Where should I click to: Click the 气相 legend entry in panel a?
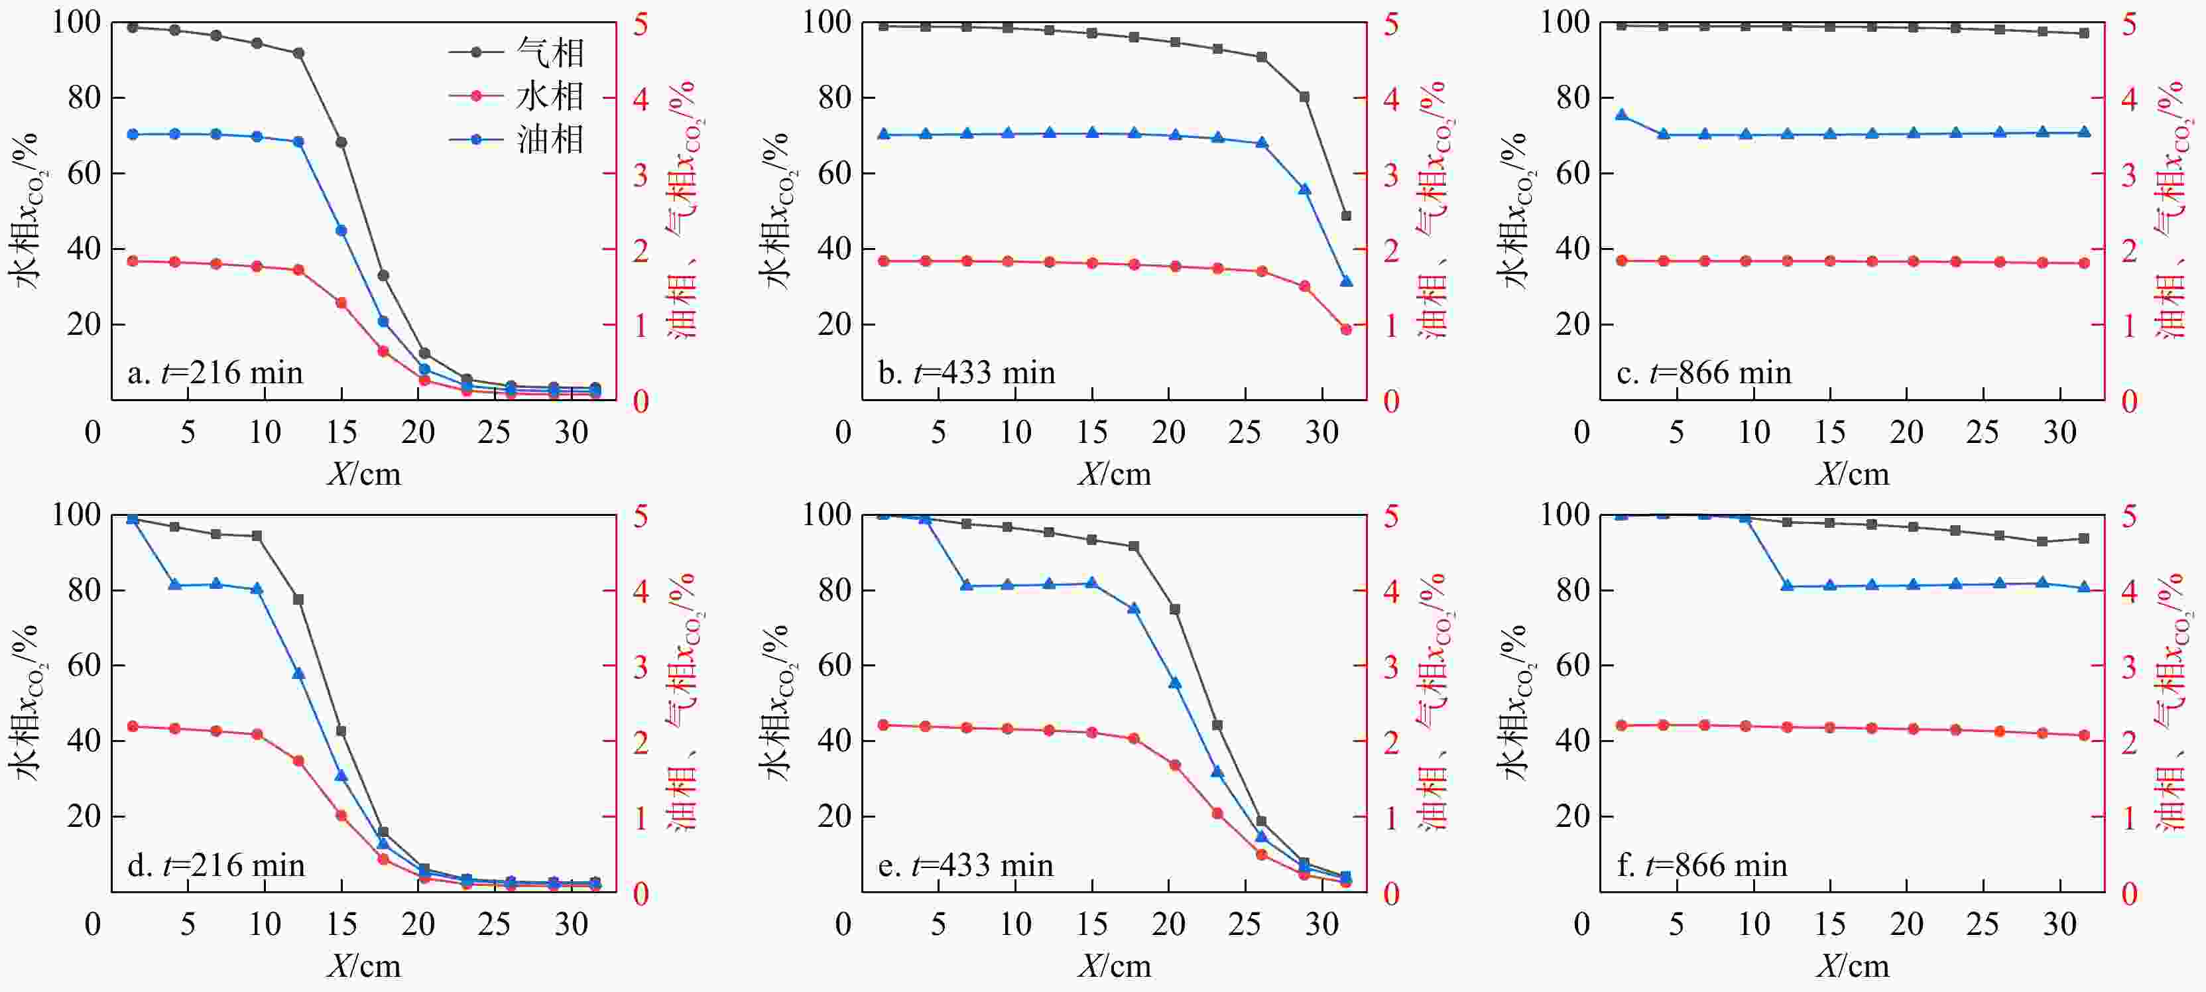pyautogui.click(x=517, y=53)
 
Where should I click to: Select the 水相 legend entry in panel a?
pyautogui.click(x=517, y=96)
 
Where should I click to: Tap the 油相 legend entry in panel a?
pyautogui.click(x=517, y=139)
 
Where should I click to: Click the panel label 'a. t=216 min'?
pyautogui.click(x=215, y=373)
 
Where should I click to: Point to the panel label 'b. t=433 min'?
pyautogui.click(x=966, y=373)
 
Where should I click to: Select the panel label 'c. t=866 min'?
pyautogui.click(x=1703, y=373)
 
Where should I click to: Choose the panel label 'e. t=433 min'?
pyautogui.click(x=965, y=865)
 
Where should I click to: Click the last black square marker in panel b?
pyautogui.click(x=1345, y=216)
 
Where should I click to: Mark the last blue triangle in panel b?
pyautogui.click(x=1345, y=281)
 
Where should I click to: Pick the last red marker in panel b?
pyautogui.click(x=1345, y=330)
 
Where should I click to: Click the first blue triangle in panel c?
pyautogui.click(x=1621, y=115)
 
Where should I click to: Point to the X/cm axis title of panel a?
pyautogui.click(x=364, y=473)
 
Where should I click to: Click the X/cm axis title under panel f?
pyautogui.click(x=1853, y=966)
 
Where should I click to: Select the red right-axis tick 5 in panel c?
pyautogui.click(x=2129, y=24)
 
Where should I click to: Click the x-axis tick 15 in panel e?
pyautogui.click(x=1092, y=924)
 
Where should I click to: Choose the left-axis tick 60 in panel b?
pyautogui.click(x=834, y=174)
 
